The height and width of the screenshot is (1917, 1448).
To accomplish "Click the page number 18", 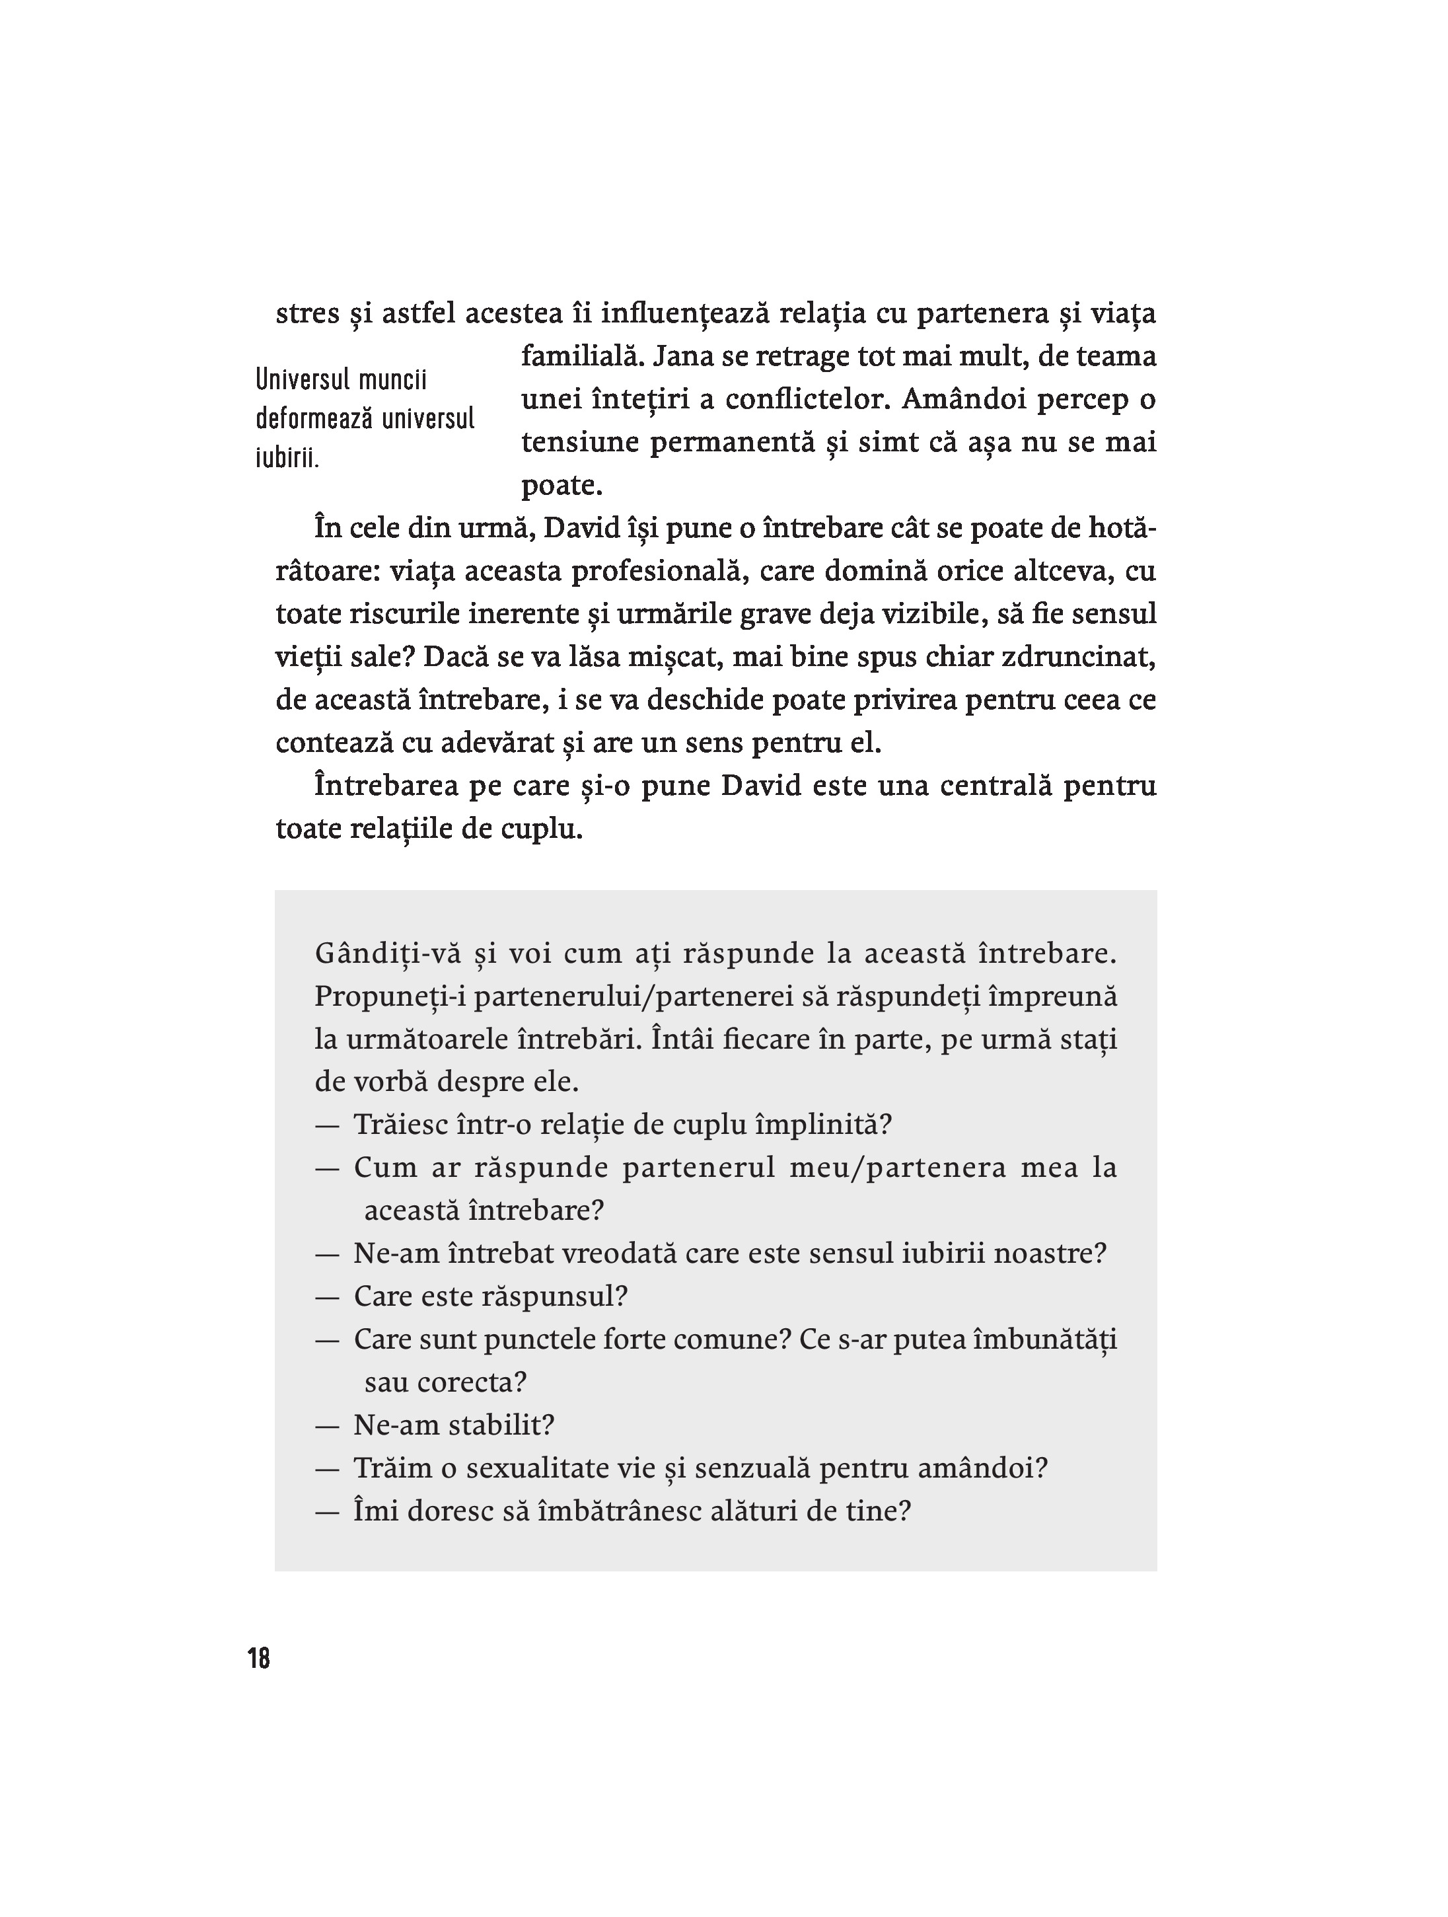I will point(259,1659).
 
